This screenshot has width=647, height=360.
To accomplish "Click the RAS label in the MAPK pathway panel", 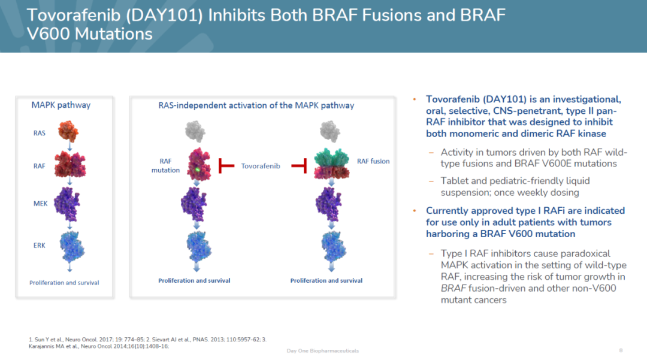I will pyautogui.click(x=39, y=134).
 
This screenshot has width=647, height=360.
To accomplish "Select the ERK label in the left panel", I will pyautogui.click(x=39, y=245).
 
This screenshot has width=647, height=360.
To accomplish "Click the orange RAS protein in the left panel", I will pyautogui.click(x=68, y=131).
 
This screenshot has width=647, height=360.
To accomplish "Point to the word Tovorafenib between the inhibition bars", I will pyautogui.click(x=261, y=165).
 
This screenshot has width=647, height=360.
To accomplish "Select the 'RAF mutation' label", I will pyautogui.click(x=165, y=165).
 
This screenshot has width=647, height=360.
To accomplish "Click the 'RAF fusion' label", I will pyautogui.click(x=373, y=161).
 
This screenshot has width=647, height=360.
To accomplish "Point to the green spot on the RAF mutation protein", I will pyautogui.click(x=196, y=170).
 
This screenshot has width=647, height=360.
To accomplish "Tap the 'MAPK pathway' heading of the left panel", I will pyautogui.click(x=61, y=105).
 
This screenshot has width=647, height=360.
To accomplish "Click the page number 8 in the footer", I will pyautogui.click(x=621, y=350).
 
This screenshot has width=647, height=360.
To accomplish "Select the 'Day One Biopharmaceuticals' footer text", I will pyautogui.click(x=323, y=350).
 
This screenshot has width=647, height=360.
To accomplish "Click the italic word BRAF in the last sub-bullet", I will pyautogui.click(x=453, y=288).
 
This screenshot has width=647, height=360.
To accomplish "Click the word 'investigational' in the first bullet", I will pyautogui.click(x=585, y=99).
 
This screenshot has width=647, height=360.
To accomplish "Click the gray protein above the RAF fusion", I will pyautogui.click(x=329, y=131).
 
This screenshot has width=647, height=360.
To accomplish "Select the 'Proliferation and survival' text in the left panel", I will pyautogui.click(x=64, y=283).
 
